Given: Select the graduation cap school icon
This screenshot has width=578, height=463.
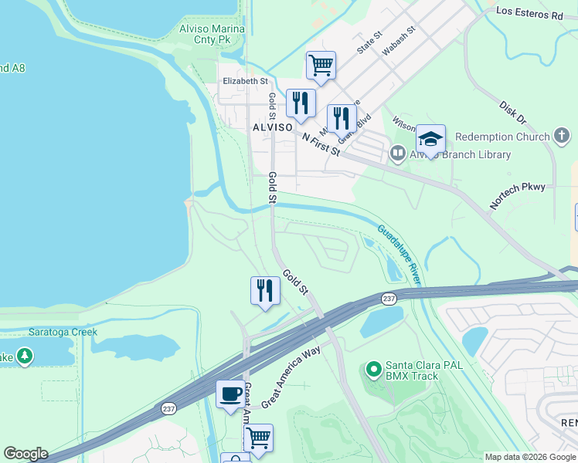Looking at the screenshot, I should pyautogui.click(x=430, y=139).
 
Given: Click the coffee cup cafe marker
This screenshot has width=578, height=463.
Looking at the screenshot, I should pyautogui.click(x=229, y=394).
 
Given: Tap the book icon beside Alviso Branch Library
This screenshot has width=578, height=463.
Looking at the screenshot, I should pyautogui.click(x=398, y=154).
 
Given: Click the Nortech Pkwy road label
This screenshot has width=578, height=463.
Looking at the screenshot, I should pyautogui.click(x=517, y=196).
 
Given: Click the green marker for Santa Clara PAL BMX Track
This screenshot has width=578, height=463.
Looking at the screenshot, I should pyautogui.click(x=374, y=370).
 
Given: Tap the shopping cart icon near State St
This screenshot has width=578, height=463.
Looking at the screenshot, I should pyautogui.click(x=320, y=65).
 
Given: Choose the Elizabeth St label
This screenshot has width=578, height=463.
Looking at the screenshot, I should pyautogui.click(x=245, y=81).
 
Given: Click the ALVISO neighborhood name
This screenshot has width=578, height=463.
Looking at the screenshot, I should pyautogui.click(x=272, y=127).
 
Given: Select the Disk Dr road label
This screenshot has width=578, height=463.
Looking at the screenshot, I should pyautogui.click(x=512, y=113).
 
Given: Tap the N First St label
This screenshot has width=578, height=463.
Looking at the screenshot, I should pyautogui.click(x=321, y=144).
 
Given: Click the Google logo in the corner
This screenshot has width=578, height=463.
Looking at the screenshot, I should pyautogui.click(x=25, y=454).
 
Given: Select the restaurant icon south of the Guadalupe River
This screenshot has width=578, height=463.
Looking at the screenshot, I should pyautogui.click(x=264, y=291).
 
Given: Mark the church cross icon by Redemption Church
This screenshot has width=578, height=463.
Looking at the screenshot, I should pyautogui.click(x=562, y=137).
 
